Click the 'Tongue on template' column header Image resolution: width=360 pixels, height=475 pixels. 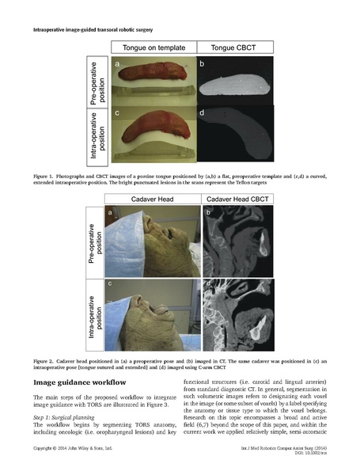pos(153,47)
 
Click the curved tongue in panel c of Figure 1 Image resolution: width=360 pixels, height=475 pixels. pos(152,128)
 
